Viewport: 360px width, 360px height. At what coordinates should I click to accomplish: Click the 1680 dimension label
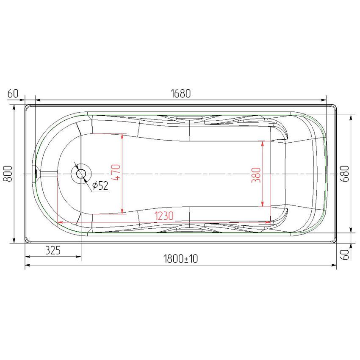point(181,94)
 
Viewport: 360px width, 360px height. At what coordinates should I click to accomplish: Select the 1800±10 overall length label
point(181,259)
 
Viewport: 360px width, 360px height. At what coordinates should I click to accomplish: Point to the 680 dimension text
point(345,174)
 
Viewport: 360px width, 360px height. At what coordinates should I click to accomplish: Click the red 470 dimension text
point(115,172)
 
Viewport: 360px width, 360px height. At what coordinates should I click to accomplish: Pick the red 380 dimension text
point(256,175)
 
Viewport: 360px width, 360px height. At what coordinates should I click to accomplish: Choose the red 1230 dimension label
point(164,216)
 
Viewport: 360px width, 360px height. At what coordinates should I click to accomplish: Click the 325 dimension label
point(53,250)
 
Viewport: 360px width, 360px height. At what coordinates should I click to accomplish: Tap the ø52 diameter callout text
point(100,186)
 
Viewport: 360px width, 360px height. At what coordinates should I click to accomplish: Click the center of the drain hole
point(81,174)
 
